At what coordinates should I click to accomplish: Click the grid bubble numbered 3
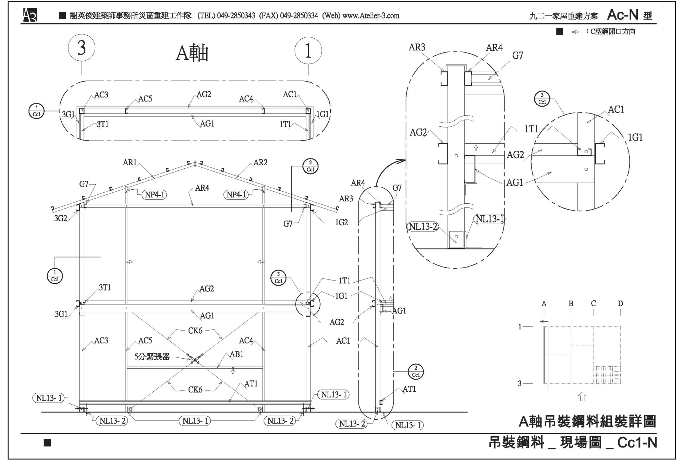82,48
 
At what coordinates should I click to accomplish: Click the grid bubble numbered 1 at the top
308,51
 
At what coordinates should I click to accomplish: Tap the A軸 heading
192,53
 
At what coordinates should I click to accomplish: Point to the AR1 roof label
130,163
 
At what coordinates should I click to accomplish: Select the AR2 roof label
260,163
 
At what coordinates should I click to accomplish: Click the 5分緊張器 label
152,357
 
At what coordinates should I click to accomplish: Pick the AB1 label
236,355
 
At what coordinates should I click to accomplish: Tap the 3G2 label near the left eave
61,218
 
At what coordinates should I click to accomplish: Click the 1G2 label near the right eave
341,223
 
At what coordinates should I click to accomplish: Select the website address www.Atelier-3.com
371,16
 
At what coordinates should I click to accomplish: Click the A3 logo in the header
30,15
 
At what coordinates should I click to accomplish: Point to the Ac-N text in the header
623,15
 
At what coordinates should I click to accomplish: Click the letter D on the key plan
620,304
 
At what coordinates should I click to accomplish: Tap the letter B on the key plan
571,304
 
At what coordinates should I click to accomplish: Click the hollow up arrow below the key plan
582,397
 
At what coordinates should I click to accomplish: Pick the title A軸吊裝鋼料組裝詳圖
587,421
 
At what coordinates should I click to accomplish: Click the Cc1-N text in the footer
637,443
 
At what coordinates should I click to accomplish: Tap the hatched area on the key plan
607,375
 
